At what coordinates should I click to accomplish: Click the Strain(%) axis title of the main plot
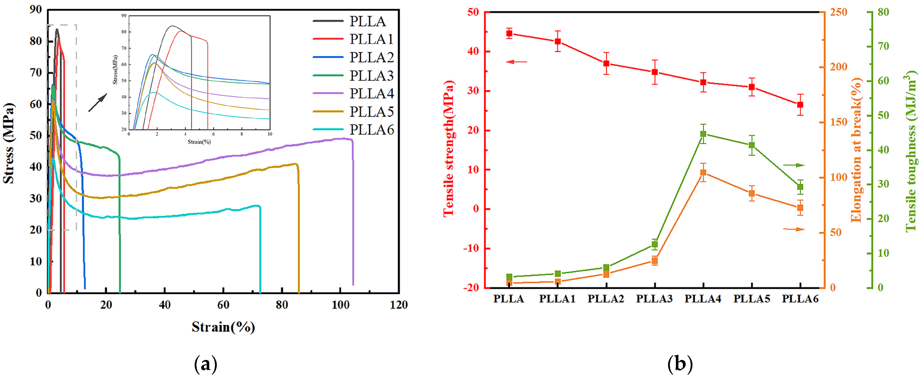(223, 327)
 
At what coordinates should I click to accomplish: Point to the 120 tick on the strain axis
(399, 305)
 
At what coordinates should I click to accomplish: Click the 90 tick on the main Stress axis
(36, 10)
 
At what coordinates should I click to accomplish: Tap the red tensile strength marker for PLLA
(509, 34)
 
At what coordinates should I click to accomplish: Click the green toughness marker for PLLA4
(703, 134)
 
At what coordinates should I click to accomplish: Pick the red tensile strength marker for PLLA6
(800, 105)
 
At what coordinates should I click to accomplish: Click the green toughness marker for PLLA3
(655, 245)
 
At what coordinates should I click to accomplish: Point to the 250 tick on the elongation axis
(839, 12)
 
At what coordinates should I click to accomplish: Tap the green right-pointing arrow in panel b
(794, 165)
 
